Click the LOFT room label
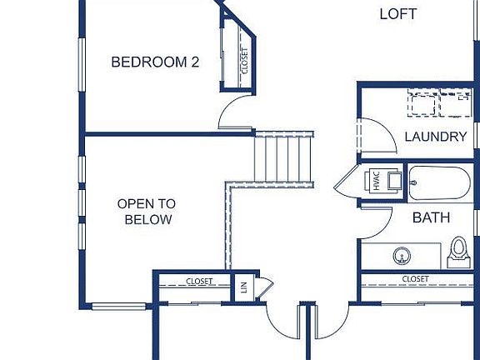397,14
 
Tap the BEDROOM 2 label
155,61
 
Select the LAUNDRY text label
435,137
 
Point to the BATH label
432,217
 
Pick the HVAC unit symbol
375,180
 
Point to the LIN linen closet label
244,286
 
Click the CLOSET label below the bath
415,278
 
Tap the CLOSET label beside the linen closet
198,281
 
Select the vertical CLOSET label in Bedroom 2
244,60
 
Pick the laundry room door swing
372,136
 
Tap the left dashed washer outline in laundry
423,104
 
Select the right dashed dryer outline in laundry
457,104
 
